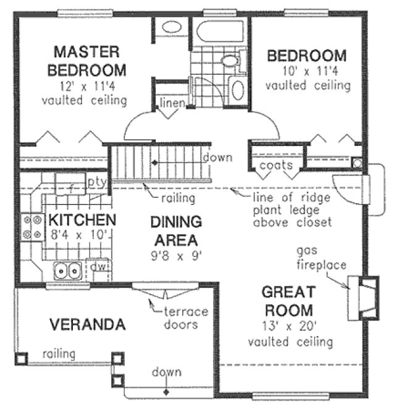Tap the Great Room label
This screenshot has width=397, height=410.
click(x=287, y=301)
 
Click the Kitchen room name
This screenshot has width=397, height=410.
click(x=82, y=220)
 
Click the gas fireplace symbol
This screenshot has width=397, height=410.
click(x=362, y=298)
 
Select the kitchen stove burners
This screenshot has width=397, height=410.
click(x=31, y=227)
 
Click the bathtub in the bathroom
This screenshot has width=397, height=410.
click(x=219, y=29)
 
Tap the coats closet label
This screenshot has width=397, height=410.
click(x=271, y=165)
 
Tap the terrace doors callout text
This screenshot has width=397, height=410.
click(x=185, y=318)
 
